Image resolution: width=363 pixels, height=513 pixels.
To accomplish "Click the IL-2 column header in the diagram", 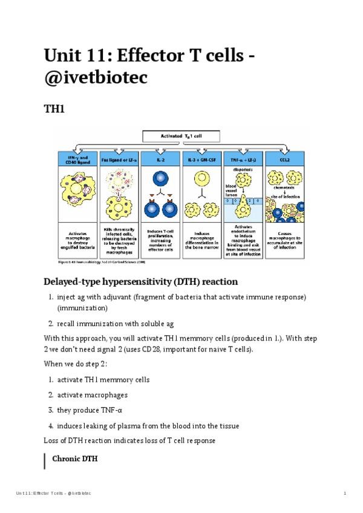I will pos(160,158).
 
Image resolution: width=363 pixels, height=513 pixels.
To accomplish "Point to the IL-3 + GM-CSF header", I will pos(202,158).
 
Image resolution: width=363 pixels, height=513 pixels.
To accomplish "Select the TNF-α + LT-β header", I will pos(244,158).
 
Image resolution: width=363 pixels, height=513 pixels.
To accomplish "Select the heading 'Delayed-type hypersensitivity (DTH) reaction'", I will pos(140,281).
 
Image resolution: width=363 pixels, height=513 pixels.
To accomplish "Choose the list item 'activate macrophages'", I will pos(93,395).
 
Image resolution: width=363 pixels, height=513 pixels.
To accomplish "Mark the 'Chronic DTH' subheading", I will pos(76,459).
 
